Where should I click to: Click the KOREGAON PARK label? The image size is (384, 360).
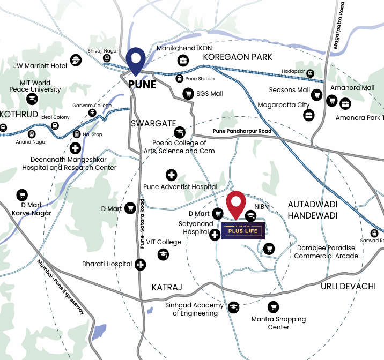click(x=238, y=57)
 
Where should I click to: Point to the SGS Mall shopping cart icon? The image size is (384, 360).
click(x=188, y=93)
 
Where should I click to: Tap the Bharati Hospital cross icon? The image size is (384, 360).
click(x=140, y=264)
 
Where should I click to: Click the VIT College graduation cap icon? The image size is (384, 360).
click(x=164, y=255)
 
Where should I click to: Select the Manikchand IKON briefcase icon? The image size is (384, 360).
click(x=183, y=60)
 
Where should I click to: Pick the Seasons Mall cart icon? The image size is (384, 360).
click(x=317, y=96)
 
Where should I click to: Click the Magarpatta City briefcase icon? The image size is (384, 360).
click(x=308, y=115)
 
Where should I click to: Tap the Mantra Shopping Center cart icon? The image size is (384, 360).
click(x=273, y=307)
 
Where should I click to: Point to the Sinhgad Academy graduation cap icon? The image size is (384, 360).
click(x=233, y=307)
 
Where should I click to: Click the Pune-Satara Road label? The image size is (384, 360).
click(x=143, y=223)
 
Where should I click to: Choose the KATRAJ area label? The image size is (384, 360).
click(x=167, y=288)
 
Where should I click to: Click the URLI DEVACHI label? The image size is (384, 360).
click(x=349, y=286)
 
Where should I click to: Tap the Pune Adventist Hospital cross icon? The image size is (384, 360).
click(x=171, y=175)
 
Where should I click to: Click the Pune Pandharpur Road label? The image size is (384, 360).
click(x=242, y=131)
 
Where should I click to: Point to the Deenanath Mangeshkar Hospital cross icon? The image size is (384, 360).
click(x=76, y=148)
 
